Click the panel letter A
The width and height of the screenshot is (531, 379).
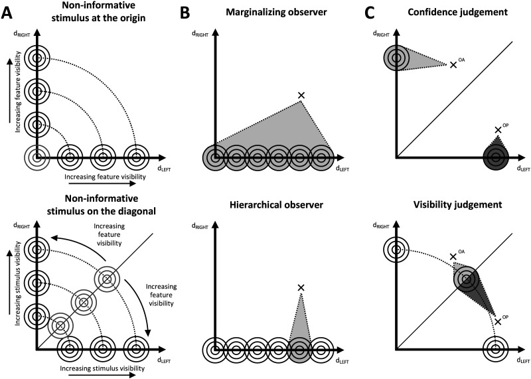coord(9,13)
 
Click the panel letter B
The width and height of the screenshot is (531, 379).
coord(185,13)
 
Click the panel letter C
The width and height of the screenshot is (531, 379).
coord(370,13)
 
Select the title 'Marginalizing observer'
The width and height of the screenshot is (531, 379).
coord(276,13)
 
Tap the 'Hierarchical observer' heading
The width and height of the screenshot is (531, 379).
coord(276,205)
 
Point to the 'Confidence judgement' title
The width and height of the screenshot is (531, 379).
coord(457,13)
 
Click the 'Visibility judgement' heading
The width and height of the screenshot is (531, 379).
coord(457,205)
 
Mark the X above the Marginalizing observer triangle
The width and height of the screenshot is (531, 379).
coord(301,96)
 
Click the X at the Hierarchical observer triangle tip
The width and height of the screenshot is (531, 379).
coord(301,287)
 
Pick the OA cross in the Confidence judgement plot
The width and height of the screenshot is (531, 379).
coord(453,65)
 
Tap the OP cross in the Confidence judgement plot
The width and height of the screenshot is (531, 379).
coord(497,129)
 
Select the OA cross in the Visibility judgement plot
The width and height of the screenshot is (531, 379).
coord(453,257)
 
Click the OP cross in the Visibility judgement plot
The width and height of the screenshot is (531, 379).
coord(497,321)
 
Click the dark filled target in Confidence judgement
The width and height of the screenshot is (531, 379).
coord(496,157)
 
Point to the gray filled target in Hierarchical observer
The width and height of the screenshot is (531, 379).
coord(300,350)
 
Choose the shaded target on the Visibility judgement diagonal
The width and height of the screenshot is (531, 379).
coord(467,279)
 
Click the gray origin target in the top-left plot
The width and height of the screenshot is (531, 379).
coord(37,157)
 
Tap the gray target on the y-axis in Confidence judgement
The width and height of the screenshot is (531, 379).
coord(396,58)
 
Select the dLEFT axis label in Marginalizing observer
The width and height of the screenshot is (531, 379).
coord(342,169)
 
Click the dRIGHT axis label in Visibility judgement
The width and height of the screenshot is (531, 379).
coord(381,226)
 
